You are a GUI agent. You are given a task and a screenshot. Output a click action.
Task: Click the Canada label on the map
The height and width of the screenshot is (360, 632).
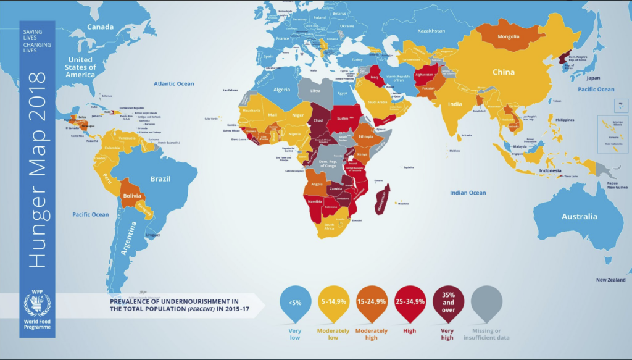[x=100, y=27]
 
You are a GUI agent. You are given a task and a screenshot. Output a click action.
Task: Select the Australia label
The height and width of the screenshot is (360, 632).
[x=579, y=217]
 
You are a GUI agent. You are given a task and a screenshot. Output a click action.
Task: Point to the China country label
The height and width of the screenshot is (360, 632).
[x=503, y=72]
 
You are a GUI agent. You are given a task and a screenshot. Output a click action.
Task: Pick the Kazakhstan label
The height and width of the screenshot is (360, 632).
[x=431, y=30]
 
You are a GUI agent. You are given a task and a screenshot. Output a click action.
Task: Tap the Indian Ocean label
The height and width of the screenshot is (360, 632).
[x=468, y=193]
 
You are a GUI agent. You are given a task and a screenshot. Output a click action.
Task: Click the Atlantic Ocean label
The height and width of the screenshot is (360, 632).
[x=174, y=84]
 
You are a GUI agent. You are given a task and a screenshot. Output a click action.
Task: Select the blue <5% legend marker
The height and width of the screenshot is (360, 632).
[x=294, y=303]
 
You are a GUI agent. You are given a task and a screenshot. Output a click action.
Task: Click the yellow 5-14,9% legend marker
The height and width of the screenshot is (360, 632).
[x=333, y=303]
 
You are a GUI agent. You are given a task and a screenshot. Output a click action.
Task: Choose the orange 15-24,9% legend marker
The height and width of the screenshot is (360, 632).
[x=371, y=303]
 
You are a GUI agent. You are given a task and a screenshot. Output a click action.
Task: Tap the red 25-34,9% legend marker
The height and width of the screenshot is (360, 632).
[x=409, y=303]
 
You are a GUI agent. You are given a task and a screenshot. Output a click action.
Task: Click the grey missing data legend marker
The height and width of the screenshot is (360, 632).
[x=486, y=303]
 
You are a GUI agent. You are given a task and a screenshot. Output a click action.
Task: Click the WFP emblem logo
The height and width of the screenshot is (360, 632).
[x=36, y=304]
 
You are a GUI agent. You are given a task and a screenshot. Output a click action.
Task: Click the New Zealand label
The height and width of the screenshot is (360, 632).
[x=610, y=280]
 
